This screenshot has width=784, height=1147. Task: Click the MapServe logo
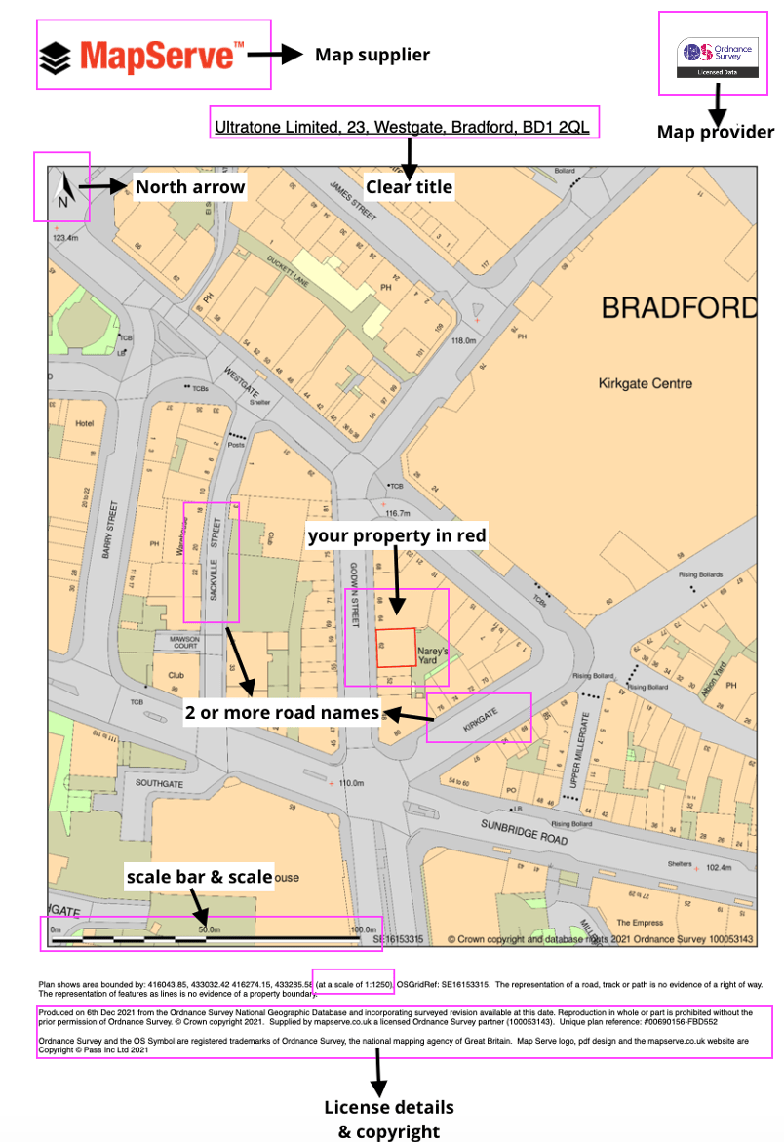pos(142,56)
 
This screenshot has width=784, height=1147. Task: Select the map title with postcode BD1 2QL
pos(402,127)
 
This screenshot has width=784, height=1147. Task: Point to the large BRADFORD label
pos(679,308)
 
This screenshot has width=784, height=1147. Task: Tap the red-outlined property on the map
pos(395,648)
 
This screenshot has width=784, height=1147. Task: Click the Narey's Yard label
pos(432,654)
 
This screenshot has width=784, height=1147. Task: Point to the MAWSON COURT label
pos(179,644)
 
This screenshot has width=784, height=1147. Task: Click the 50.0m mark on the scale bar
pos(209,929)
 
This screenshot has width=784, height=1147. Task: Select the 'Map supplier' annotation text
pos(372,55)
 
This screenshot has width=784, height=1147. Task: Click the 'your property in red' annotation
pos(396,535)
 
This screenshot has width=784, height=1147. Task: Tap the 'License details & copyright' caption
pos(388,1121)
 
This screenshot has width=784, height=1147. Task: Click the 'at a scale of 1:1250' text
pos(353,986)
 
